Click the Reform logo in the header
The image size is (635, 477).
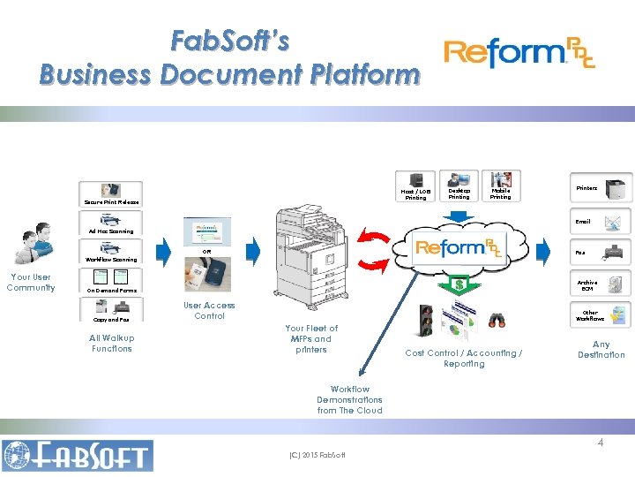[519, 54]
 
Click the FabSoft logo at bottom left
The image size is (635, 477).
[78, 455]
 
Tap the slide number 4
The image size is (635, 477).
[601, 443]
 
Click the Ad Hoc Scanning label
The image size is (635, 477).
[111, 231]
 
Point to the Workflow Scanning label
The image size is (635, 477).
[111, 260]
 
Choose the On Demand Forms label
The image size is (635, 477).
[111, 291]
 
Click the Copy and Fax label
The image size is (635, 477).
[111, 320]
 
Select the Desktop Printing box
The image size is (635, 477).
[459, 186]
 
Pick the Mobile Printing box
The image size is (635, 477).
[500, 186]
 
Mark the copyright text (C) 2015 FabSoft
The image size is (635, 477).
[317, 456]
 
